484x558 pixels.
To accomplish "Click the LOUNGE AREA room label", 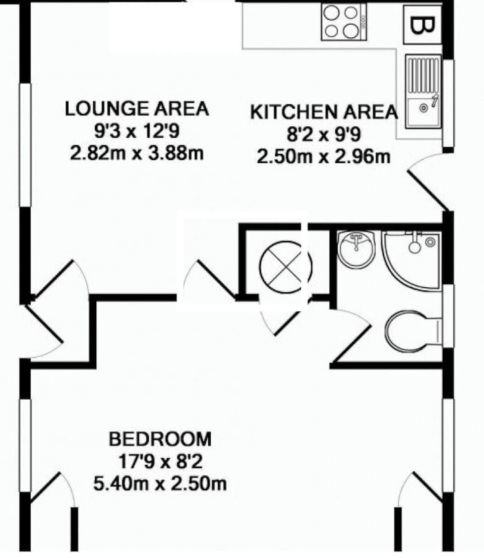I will click(137, 108).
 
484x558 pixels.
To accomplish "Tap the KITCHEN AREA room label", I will click(324, 112).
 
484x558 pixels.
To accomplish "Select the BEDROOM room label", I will click(160, 439).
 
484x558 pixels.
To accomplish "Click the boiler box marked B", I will click(422, 24).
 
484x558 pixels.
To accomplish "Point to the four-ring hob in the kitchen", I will click(344, 22).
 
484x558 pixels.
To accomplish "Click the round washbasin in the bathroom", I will click(356, 249).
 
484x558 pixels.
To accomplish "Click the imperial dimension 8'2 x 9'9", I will click(324, 135).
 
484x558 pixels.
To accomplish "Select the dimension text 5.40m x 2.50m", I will click(160, 484).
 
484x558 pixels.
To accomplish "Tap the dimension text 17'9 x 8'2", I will click(160, 462).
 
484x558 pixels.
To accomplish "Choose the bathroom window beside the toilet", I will click(448, 316).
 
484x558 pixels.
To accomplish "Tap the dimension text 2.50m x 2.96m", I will click(324, 157).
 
